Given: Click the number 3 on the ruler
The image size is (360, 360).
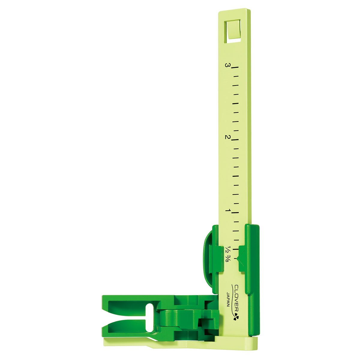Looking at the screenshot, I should pyautogui.click(x=228, y=65).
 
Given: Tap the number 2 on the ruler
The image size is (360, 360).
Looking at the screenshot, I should pyautogui.click(x=228, y=137).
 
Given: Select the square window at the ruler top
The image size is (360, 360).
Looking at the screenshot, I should pyautogui.click(x=234, y=29).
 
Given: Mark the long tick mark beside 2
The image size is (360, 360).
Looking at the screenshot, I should pyautogui.click(x=235, y=140).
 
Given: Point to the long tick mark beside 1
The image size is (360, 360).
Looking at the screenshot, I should pyautogui.click(x=236, y=212).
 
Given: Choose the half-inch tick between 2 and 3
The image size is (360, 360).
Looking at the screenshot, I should pyautogui.click(x=236, y=104).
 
